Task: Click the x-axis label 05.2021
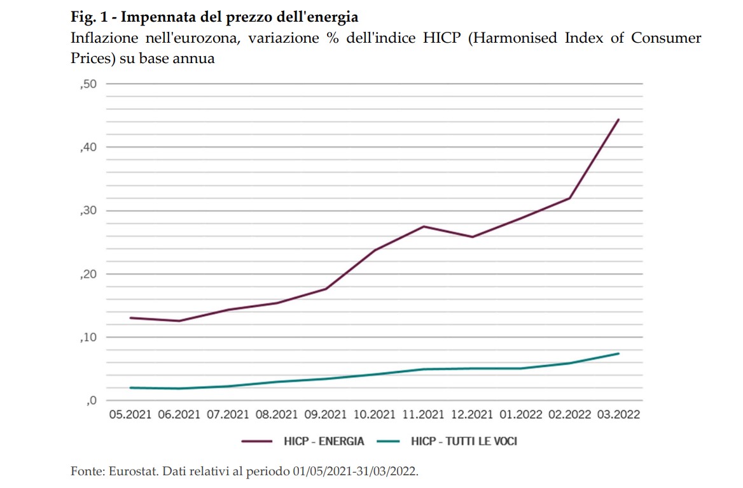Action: (x=130, y=415)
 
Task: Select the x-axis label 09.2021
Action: (x=326, y=415)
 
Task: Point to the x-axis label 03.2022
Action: (x=618, y=415)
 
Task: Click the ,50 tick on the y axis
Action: (x=88, y=84)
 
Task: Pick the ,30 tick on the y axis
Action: (x=88, y=211)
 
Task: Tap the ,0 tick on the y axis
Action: (x=90, y=401)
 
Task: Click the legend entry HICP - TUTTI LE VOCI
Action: (x=464, y=441)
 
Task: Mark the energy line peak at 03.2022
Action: (x=618, y=120)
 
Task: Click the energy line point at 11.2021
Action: (x=424, y=226)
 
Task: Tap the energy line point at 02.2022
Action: (x=570, y=198)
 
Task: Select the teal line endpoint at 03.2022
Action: (x=618, y=354)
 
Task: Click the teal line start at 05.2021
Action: (x=130, y=387)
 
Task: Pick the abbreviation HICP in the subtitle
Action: (x=445, y=38)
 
